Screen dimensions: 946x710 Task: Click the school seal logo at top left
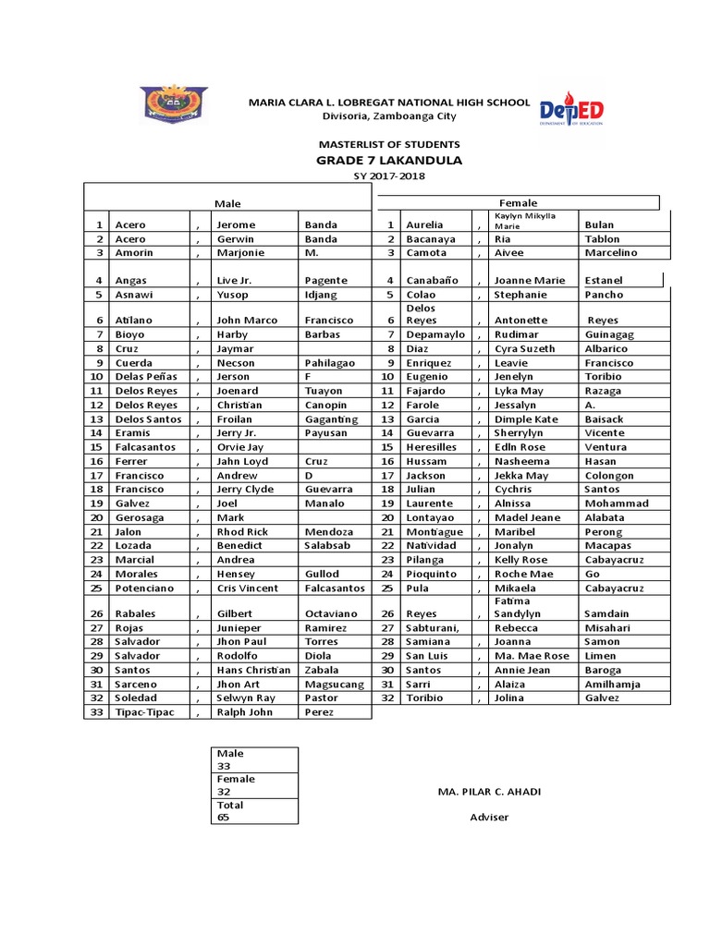point(174,104)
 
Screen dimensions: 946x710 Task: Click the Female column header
point(518,202)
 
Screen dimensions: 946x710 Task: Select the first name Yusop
point(234,295)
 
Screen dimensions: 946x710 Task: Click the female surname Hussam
point(426,461)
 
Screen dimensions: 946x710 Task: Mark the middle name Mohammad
point(617,503)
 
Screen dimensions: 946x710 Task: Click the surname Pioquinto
point(432,574)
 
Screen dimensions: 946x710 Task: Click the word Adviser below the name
point(489,817)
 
